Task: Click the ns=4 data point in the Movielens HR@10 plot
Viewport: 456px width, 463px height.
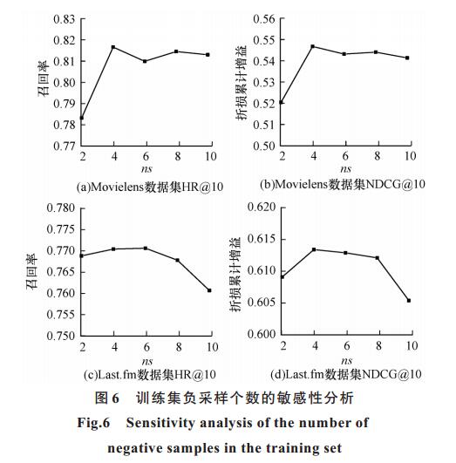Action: (x=113, y=47)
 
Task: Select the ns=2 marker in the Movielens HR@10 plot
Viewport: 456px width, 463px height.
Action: (x=82, y=118)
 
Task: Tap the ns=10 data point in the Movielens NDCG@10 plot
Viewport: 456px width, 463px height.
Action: (x=407, y=58)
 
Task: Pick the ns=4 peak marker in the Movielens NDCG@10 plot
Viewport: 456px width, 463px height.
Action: (x=313, y=46)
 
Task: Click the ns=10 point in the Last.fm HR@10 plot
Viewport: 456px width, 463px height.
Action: (x=209, y=290)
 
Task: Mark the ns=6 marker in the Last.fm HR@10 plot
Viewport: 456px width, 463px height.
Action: (x=146, y=249)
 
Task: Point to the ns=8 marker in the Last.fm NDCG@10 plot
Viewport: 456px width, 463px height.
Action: (x=378, y=258)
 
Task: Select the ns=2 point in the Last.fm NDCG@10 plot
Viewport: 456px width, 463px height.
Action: (x=282, y=277)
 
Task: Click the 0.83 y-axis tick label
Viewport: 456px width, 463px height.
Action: (x=65, y=19)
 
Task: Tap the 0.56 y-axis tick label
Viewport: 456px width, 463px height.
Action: (x=264, y=19)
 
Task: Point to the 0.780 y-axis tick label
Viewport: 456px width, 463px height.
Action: (x=61, y=208)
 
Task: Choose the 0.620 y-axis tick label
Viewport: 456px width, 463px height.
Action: (x=262, y=207)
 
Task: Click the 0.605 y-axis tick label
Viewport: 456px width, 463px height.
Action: (x=262, y=303)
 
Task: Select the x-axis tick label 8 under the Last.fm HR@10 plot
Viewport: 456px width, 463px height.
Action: (x=179, y=347)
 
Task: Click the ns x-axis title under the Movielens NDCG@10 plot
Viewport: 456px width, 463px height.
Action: (x=345, y=169)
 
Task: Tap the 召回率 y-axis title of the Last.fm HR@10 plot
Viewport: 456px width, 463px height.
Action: (x=32, y=272)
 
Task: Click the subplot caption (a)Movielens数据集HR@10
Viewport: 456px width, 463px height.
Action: (x=150, y=187)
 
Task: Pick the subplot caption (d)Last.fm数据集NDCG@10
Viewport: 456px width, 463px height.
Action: (x=346, y=374)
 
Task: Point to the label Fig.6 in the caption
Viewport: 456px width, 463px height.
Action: (x=93, y=423)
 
